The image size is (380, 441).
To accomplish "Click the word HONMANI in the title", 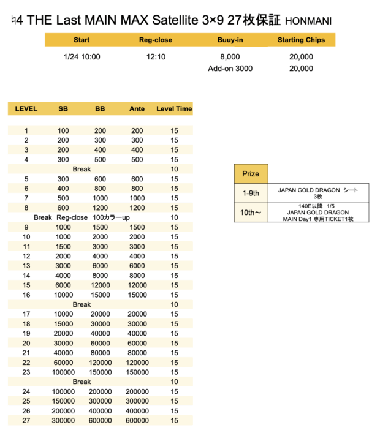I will [308, 21].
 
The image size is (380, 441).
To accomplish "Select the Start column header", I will [82, 40].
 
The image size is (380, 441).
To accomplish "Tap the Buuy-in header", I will [230, 40].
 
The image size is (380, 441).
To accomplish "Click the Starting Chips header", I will [300, 40].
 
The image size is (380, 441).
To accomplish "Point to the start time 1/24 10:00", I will [82, 57].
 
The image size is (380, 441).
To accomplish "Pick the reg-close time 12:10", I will [156, 57].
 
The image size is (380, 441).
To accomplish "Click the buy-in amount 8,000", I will [230, 57].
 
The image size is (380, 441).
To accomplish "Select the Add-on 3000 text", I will [230, 69].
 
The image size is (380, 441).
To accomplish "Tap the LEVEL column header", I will [26, 109].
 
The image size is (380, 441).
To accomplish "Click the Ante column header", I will [137, 109].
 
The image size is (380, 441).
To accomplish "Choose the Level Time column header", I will [174, 109].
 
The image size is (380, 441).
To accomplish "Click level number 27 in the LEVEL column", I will [26, 421].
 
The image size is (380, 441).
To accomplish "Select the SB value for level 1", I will [63, 130].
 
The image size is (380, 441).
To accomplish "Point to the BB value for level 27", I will [101, 421].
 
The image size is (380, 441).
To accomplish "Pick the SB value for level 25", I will [63, 401].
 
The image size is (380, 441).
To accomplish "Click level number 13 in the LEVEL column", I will [26, 266].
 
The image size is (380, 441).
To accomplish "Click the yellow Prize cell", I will [251, 174].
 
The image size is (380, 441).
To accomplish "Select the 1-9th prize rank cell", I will [251, 193].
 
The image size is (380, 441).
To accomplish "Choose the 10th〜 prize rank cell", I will [251, 212].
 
